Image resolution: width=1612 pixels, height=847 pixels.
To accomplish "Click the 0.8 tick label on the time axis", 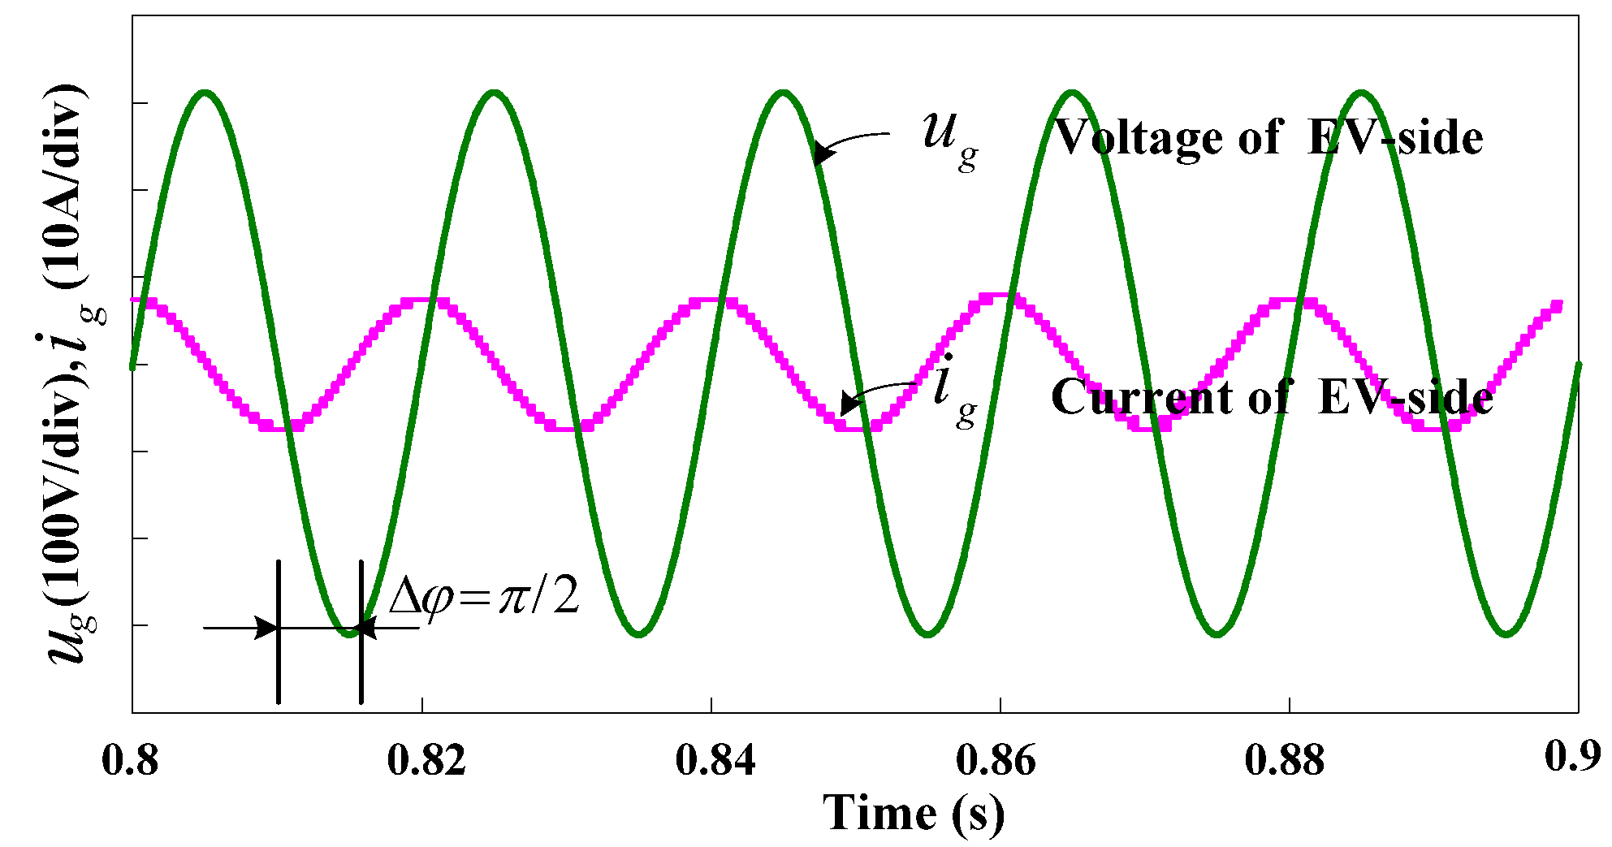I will pyautogui.click(x=130, y=761).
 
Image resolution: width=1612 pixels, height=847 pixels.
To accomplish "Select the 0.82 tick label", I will pyautogui.click(x=426, y=761).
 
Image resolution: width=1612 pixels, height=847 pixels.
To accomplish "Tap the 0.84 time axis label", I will pyautogui.click(x=715, y=761).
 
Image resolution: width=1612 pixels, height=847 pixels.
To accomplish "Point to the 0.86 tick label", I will pyautogui.click(x=996, y=761).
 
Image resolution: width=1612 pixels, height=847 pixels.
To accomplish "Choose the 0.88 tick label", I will pyautogui.click(x=1284, y=761).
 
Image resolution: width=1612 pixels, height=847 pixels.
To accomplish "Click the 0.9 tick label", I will pyautogui.click(x=1572, y=756).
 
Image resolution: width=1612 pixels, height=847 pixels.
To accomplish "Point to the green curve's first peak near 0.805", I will pyautogui.click(x=206, y=93).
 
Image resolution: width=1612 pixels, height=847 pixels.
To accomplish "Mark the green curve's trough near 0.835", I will pyautogui.click(x=640, y=633).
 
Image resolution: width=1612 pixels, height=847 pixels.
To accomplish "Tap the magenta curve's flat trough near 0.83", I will pyautogui.click(x=568, y=426).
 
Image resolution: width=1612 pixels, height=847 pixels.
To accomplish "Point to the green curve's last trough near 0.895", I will pyautogui.click(x=1506, y=633).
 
